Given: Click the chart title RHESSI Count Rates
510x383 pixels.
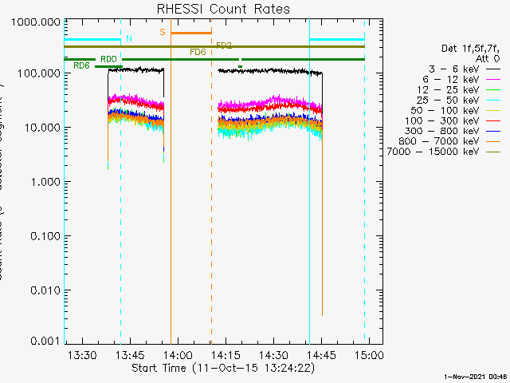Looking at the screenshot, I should [x=222, y=9].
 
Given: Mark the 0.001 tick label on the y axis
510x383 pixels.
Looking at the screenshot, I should [x=39, y=341].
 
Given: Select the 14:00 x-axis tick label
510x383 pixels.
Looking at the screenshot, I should [x=177, y=354].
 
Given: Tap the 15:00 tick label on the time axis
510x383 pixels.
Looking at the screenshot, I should [x=369, y=354].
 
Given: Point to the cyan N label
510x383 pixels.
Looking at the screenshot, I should [x=129, y=38].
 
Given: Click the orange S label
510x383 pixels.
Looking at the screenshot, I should [x=163, y=33].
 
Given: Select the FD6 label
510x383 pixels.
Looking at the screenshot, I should [x=198, y=52].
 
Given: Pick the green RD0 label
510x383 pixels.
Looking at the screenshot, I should [x=108, y=59].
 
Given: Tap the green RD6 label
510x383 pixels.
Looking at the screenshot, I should [x=81, y=65].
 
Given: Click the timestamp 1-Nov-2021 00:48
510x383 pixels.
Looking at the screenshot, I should [x=477, y=376].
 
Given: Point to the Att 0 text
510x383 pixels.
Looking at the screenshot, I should [x=486, y=59].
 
